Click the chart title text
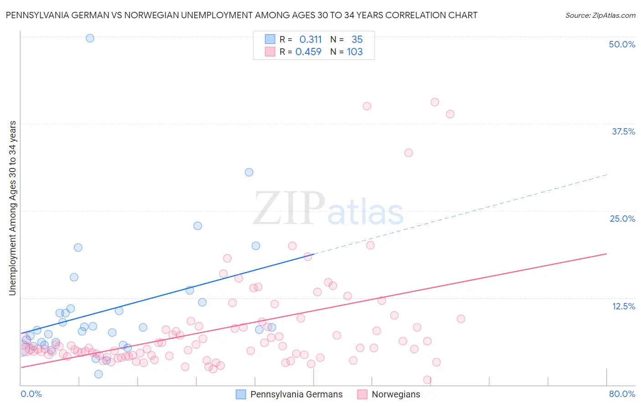[x=242, y=15]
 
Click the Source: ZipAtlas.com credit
[x=600, y=15]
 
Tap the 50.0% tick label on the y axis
[x=622, y=44]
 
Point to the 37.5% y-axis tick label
[x=623, y=131]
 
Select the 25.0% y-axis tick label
[x=622, y=219]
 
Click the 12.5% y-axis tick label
[x=623, y=306]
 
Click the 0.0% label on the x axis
[x=31, y=394]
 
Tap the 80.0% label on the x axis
[x=622, y=394]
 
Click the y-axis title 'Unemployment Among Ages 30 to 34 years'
[x=13, y=208]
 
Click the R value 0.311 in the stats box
[x=310, y=40]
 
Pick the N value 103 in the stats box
[x=355, y=52]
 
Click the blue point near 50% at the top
[x=90, y=38]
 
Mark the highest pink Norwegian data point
[x=434, y=102]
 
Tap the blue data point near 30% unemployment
[x=249, y=172]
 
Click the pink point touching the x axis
[x=427, y=380]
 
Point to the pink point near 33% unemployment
[x=408, y=153]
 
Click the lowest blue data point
[x=98, y=374]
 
